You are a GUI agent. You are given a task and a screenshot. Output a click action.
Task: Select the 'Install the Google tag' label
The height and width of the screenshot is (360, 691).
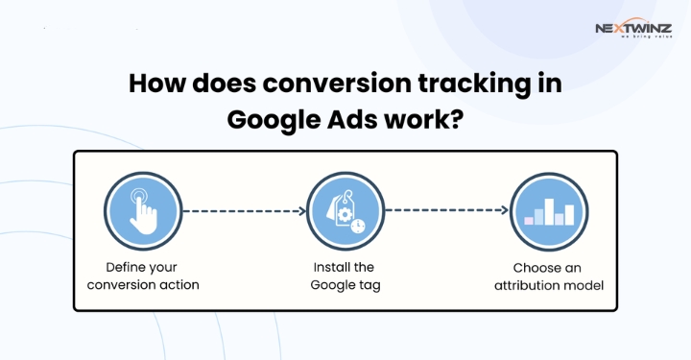point(343,276)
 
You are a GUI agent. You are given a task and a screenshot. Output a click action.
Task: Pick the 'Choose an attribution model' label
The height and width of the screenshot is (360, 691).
point(548,276)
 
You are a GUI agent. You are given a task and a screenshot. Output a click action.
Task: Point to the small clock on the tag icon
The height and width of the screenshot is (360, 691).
point(356,226)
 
